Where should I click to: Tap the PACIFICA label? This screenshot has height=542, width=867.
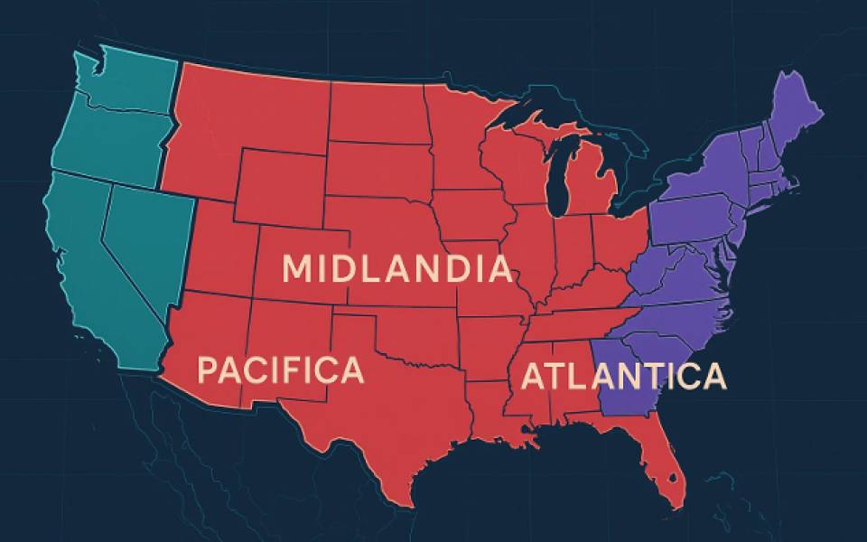coord(281,370)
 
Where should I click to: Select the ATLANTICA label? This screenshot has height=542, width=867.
coord(623,376)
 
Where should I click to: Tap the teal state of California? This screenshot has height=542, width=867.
coord(90,271)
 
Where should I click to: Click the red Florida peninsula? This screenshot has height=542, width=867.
coord(664,470)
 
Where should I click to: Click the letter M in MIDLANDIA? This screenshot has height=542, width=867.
coord(299,269)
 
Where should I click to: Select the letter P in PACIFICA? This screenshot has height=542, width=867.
coord(208,371)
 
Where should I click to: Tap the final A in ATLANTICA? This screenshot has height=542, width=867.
coord(713,376)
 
